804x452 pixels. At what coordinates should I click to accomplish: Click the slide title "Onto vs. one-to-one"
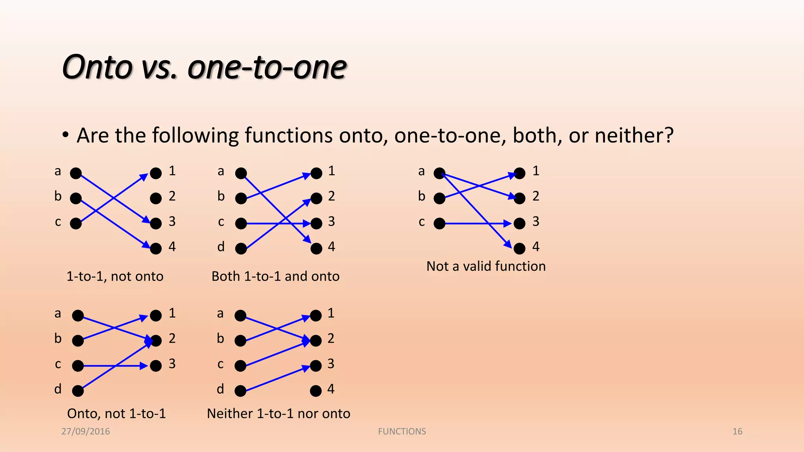(x=204, y=67)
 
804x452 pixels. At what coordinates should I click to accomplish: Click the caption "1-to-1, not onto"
(x=115, y=276)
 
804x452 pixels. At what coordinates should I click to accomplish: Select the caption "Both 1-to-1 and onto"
(x=275, y=276)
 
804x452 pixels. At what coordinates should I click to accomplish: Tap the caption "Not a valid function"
(x=486, y=266)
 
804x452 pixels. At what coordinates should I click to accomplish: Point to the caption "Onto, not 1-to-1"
(x=116, y=414)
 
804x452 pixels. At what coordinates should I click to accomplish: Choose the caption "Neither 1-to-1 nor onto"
(x=278, y=414)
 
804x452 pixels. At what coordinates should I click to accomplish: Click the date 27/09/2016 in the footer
(x=86, y=432)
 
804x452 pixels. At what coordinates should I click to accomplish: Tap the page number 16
(x=737, y=432)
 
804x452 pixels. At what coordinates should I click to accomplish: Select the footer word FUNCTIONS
(x=402, y=432)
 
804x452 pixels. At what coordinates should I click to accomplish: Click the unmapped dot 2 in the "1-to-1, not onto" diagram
(x=156, y=198)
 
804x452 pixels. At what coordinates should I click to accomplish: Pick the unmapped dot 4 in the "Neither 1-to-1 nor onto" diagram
(x=316, y=391)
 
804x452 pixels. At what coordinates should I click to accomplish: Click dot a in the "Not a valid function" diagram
(x=439, y=173)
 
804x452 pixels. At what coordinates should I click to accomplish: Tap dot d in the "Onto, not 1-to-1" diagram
(x=78, y=391)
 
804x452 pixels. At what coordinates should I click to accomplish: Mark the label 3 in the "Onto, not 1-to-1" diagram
(x=172, y=364)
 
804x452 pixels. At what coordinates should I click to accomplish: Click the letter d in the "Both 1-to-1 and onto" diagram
(x=221, y=247)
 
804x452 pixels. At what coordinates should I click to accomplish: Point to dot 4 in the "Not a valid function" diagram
(x=519, y=248)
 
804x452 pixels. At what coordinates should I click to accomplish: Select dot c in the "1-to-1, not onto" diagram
(x=76, y=223)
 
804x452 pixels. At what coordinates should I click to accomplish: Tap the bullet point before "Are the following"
(x=66, y=135)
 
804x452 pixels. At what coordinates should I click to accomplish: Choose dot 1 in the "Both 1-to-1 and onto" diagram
(x=316, y=173)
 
